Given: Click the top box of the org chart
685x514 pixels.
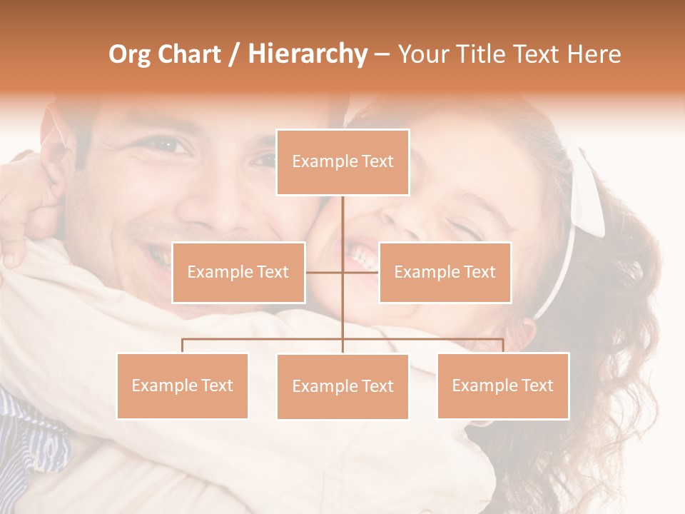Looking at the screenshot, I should [x=342, y=162].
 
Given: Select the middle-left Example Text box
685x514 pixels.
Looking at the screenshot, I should [x=238, y=272].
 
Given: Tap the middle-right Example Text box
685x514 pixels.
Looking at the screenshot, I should [x=445, y=272].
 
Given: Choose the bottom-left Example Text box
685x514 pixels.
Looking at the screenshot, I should [x=182, y=385].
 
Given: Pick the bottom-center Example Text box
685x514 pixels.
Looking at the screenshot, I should [x=342, y=386].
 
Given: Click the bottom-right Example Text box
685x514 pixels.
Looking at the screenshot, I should [x=502, y=385].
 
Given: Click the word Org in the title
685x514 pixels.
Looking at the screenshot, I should [x=130, y=54].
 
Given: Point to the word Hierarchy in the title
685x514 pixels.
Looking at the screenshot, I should [x=308, y=54].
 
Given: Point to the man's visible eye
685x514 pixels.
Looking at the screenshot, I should [x=167, y=146].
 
